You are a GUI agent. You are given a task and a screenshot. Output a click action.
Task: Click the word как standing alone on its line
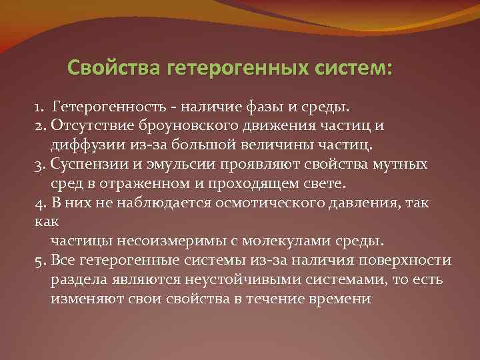45,221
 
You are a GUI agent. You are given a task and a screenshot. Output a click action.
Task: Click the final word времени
335,297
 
